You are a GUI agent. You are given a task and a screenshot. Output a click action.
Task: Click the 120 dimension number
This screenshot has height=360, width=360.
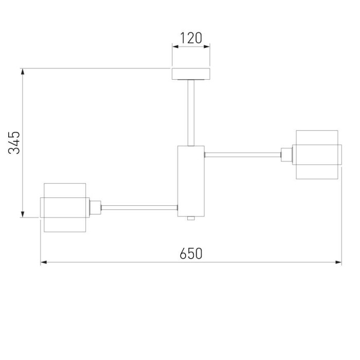(191, 38)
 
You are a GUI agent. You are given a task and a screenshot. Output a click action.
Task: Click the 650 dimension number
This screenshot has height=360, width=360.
(191, 254)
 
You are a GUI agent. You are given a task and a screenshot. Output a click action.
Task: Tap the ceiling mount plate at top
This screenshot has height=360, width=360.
(191, 74)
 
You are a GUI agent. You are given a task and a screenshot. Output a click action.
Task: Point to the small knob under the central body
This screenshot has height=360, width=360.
(191, 219)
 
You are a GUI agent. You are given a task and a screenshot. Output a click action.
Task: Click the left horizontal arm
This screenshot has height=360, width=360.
(139, 208)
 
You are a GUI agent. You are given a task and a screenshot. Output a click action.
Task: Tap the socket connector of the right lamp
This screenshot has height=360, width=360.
(286, 154)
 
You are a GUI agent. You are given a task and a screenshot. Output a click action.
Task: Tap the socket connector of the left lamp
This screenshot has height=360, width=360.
(95, 208)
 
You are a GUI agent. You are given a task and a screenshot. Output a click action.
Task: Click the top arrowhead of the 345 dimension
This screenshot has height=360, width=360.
(23, 73)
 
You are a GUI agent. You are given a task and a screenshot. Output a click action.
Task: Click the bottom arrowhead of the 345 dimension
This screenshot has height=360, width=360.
(23, 213)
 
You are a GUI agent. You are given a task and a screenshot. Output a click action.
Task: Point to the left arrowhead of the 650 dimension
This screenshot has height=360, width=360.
(44, 262)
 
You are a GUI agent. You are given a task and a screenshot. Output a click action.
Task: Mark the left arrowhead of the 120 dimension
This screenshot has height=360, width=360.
(175, 47)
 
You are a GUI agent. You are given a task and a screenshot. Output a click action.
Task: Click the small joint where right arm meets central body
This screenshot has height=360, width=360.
(205, 153)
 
